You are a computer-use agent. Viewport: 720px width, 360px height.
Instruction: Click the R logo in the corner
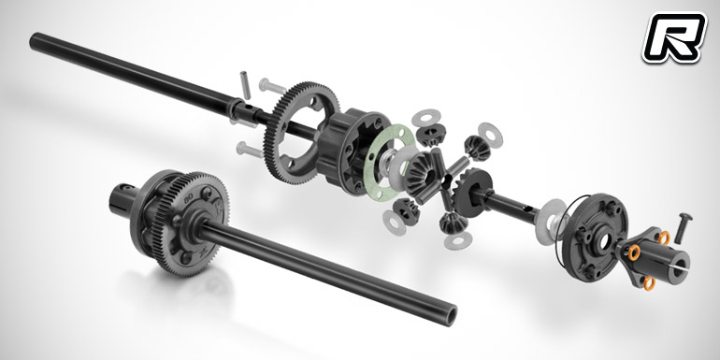tap(673, 37)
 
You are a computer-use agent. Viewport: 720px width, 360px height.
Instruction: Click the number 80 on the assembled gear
tap(188, 200)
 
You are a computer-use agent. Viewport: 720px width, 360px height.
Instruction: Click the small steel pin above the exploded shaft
tap(245, 85)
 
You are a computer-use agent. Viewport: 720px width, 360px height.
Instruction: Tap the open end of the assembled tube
tap(450, 315)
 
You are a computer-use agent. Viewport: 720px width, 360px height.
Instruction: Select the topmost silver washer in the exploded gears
tap(425, 118)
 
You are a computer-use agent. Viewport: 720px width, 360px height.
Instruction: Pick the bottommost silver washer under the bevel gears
tap(458, 240)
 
